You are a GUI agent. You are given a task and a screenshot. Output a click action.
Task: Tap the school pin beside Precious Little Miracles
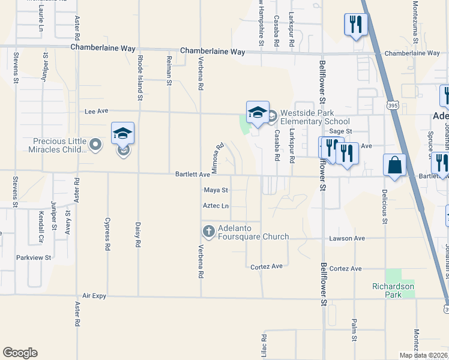(x=122, y=134)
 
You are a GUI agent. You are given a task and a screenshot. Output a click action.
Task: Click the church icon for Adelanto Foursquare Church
(x=208, y=231)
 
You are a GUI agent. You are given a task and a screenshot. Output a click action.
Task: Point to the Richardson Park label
(x=393, y=291)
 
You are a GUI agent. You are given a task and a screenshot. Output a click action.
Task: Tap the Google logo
(x=20, y=353)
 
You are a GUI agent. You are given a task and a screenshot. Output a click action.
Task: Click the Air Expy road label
(x=94, y=296)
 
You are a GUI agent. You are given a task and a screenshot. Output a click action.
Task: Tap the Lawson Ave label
(x=347, y=238)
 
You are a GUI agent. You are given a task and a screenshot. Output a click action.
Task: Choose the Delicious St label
(x=384, y=206)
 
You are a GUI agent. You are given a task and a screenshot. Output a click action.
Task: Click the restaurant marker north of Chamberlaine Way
(x=355, y=25)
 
